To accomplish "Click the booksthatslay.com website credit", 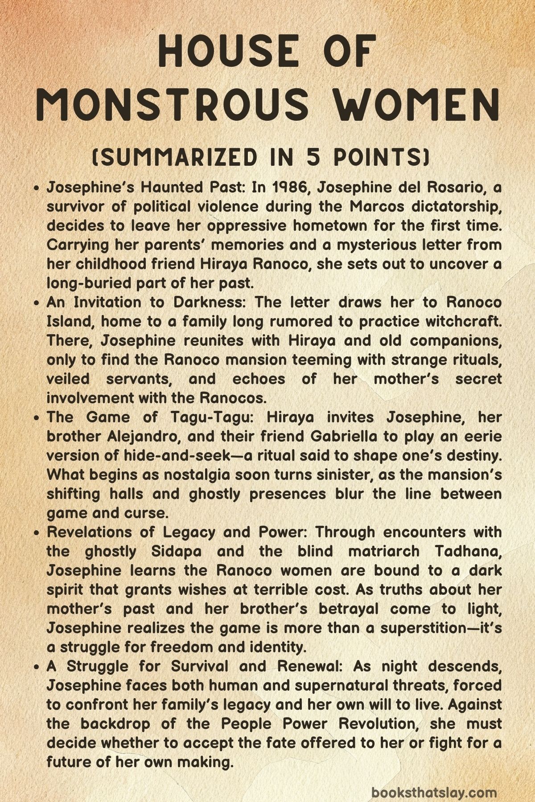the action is point(434,780).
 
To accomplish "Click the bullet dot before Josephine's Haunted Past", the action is point(38,188).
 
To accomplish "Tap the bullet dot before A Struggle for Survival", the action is point(38,667).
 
